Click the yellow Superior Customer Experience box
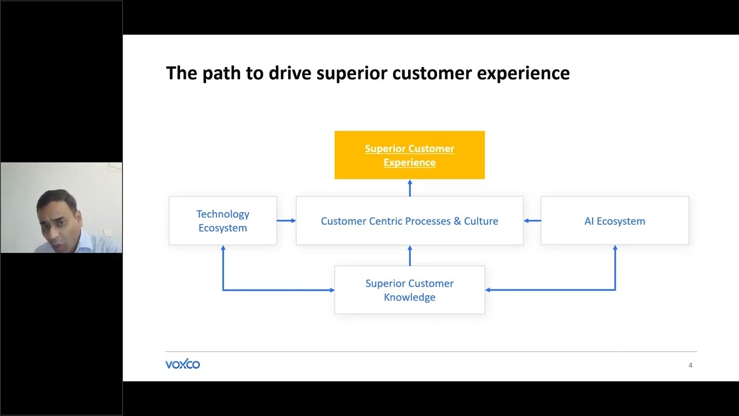point(409,155)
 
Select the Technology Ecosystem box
point(222,221)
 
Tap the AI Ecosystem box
point(614,221)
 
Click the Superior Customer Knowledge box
point(409,290)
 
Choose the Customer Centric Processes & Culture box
point(409,221)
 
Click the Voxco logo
point(182,364)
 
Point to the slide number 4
point(690,365)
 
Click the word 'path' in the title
point(219,73)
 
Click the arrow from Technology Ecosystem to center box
point(286,221)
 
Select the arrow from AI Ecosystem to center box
point(532,221)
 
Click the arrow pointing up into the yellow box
point(410,188)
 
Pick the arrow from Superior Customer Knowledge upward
point(410,255)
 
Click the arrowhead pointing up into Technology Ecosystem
point(223,249)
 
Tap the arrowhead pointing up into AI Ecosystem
point(615,249)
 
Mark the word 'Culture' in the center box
point(481,221)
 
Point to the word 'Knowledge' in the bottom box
point(409,297)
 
